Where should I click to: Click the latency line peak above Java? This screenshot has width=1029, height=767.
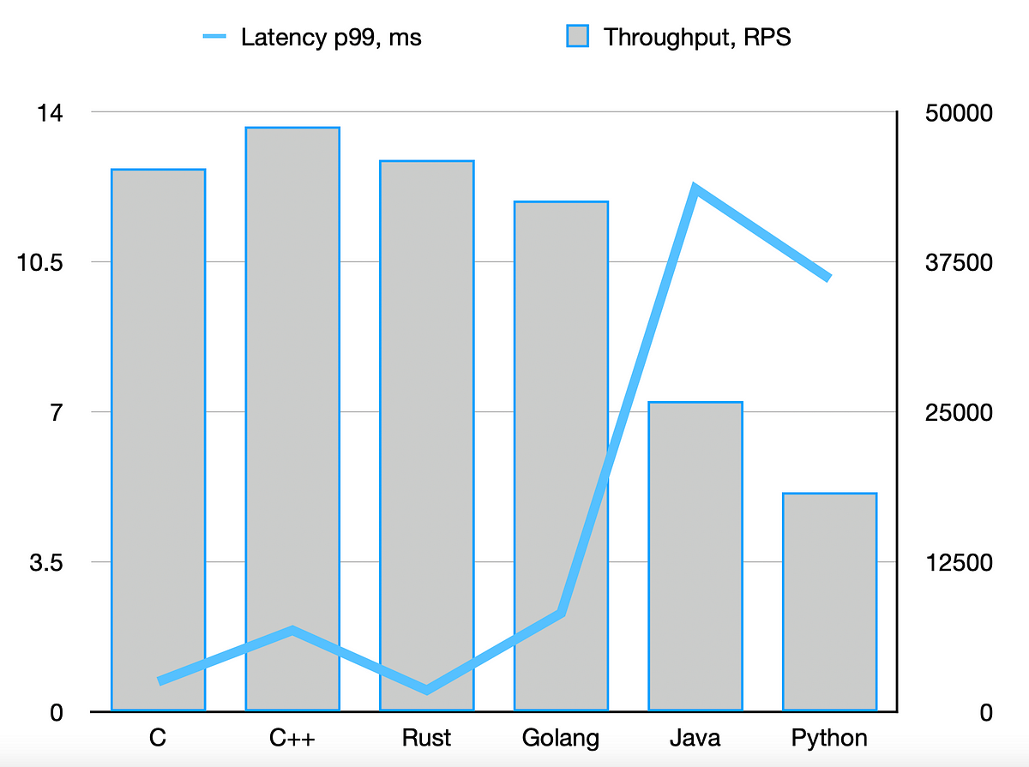click(695, 189)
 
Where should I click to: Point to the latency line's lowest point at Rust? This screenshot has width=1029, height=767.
click(427, 689)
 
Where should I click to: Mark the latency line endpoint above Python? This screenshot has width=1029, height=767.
click(828, 278)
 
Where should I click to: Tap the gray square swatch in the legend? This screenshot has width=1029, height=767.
click(578, 37)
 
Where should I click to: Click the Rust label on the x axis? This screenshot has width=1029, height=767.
click(427, 738)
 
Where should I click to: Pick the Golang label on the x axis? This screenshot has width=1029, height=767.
click(561, 738)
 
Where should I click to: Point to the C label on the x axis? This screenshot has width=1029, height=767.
click(158, 738)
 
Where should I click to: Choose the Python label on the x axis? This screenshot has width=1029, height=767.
click(829, 738)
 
